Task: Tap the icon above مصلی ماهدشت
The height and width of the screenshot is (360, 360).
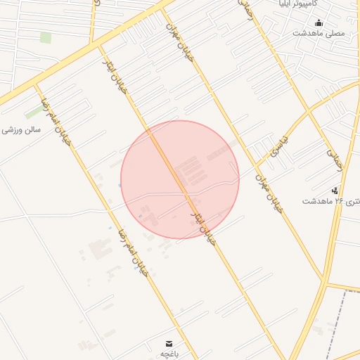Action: pyautogui.click(x=319, y=22)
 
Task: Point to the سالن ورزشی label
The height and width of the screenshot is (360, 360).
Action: pyautogui.click(x=22, y=130)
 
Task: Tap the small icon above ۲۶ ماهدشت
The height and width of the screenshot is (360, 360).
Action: pyautogui.click(x=335, y=190)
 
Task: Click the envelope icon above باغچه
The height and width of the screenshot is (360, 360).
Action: pyautogui.click(x=168, y=342)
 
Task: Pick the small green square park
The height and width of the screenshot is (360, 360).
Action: pyautogui.click(x=46, y=37)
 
